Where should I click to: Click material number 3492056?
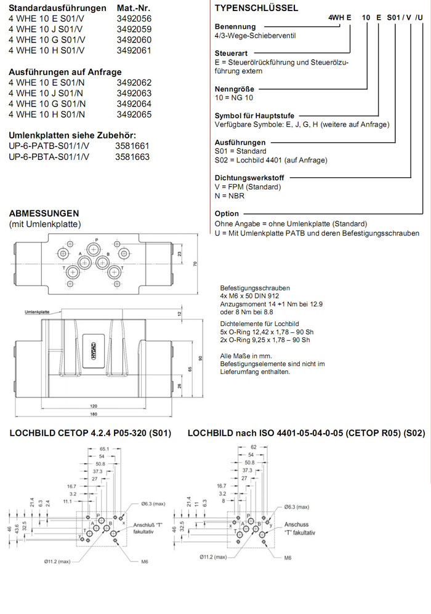click(134, 18)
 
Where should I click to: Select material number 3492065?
click(134, 114)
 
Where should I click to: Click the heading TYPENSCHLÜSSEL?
click(256, 8)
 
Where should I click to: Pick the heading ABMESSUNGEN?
click(44, 213)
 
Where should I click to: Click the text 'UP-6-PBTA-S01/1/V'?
click(49, 157)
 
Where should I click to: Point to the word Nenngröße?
click(234, 89)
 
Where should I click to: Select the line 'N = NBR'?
click(229, 196)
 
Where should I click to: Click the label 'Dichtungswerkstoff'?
click(248, 178)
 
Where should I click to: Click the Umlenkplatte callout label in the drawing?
click(38, 313)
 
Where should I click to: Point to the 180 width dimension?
click(93, 415)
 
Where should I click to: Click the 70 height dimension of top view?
click(195, 264)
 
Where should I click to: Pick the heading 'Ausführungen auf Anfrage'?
click(65, 72)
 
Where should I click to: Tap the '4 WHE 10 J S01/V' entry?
click(49, 29)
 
